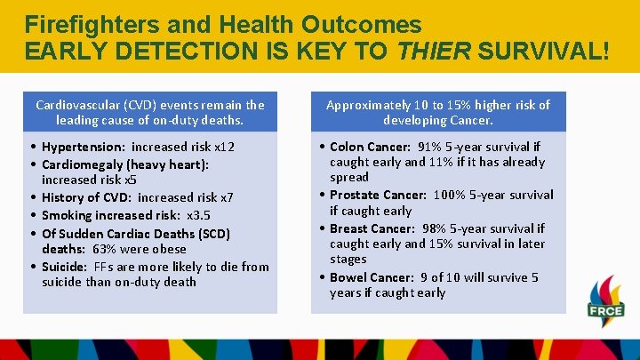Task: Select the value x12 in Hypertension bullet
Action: tap(223, 147)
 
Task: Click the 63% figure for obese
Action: tap(104, 249)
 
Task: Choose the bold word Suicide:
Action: tap(66, 267)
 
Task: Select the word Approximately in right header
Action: tap(368, 105)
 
